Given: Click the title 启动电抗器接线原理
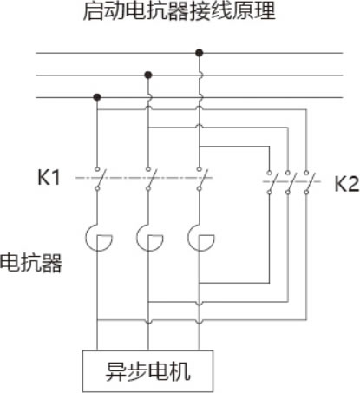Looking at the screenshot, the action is coord(180,11).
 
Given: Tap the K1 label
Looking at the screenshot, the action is coord(49,177).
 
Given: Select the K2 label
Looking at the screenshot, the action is coord(347,184).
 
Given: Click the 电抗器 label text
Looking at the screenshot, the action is coord(31,263).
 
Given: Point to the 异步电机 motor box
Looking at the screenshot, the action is coord(147,371).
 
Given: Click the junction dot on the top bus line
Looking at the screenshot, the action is coord(199,53).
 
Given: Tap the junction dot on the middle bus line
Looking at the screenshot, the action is coord(148,75).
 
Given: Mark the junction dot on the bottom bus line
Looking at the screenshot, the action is coord(97,97).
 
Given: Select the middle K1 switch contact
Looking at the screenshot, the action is coord(149,179).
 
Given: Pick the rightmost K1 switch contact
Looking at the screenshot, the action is coord(200,179).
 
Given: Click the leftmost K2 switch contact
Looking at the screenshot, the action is coord(271,182).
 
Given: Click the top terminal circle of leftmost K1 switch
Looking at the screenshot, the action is coord(97,168).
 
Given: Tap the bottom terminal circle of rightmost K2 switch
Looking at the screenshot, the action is coord(306,192).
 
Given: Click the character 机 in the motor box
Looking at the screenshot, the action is coord(180,371).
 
